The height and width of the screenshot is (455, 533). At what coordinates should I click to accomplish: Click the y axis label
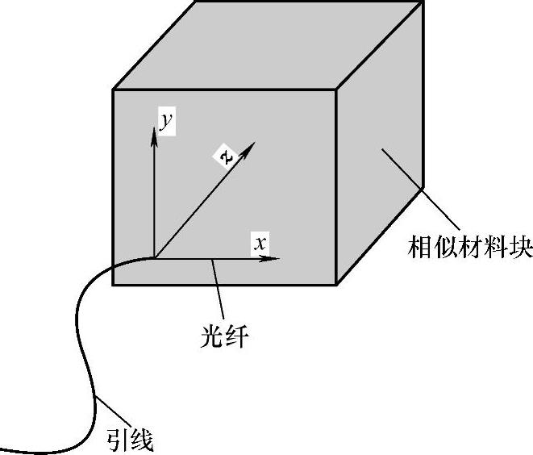tap(165, 123)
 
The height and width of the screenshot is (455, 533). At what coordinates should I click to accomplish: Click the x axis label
tap(259, 241)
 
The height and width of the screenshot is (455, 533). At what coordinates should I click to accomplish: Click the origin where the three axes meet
tap(152, 259)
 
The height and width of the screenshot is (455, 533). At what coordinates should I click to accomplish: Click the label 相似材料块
tap(470, 247)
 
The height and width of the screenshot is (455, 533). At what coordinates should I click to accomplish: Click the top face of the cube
tap(266, 44)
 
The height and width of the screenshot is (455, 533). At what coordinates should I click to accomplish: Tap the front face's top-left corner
tap(113, 90)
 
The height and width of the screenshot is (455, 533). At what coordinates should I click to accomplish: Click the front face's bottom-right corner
tap(335, 285)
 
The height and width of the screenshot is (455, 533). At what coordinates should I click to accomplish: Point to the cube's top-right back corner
tap(423, 2)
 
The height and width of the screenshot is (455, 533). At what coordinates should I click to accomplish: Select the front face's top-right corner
tap(335, 90)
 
